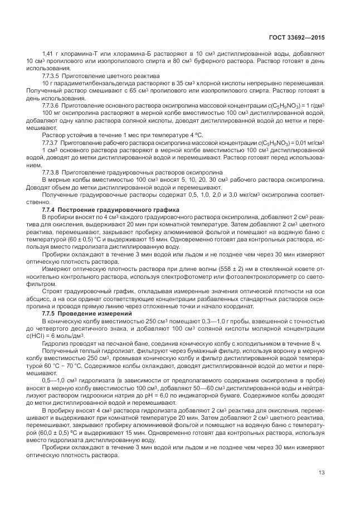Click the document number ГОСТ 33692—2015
pos(300,38)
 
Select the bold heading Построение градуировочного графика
pos(104,208)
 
